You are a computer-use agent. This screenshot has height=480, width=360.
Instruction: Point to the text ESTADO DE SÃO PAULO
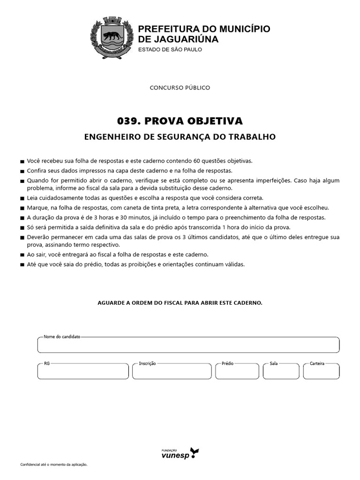(170, 50)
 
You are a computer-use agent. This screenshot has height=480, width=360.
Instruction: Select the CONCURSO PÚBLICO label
(180, 88)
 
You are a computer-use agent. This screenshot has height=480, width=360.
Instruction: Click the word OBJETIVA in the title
(217, 121)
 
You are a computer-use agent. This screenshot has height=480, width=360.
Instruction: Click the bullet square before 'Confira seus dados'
(22, 171)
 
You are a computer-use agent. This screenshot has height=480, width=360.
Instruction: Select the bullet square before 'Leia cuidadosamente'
(22, 198)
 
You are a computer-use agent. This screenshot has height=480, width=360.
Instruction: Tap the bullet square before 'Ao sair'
(22, 255)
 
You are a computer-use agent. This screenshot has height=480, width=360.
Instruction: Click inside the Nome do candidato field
(188, 345)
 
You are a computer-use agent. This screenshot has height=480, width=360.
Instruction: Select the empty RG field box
(83, 372)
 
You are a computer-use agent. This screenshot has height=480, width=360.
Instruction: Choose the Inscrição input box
(172, 372)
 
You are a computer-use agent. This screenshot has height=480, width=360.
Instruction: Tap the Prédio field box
(237, 372)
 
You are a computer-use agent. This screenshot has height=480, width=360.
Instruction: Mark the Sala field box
(281, 372)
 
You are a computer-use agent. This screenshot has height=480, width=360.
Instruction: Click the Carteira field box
(321, 372)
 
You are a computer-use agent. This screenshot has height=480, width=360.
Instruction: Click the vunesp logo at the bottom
(180, 453)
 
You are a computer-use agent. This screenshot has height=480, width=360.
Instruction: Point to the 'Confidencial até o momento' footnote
(54, 465)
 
